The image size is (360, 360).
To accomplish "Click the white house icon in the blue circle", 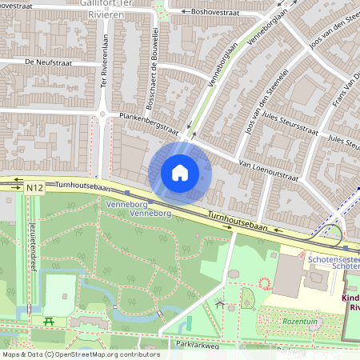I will tap(180, 173).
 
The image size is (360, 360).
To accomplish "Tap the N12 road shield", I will tap(34, 187).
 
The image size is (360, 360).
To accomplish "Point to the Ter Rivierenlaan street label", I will tap(105, 58).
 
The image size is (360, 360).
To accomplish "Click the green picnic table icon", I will tap(49, 322).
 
